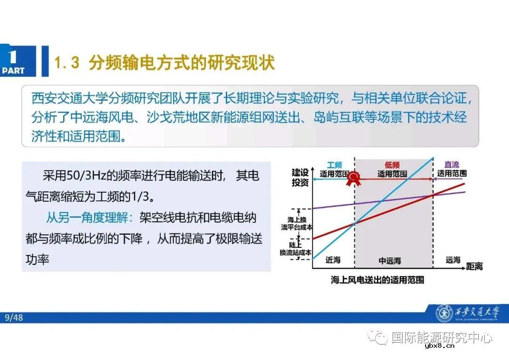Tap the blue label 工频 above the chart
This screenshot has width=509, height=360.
click(334, 165)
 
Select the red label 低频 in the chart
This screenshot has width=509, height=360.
click(392, 165)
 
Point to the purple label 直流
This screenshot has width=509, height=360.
click(452, 165)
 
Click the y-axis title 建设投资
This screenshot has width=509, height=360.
click(300, 177)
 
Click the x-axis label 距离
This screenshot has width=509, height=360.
click(474, 267)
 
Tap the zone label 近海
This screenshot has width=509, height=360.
click(333, 260)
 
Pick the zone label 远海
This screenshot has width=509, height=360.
click(453, 260)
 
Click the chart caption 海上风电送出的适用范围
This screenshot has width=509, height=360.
click(377, 280)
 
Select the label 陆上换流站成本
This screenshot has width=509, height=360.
click(296, 249)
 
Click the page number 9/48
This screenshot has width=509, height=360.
click(14, 318)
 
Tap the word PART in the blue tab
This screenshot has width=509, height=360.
click(13, 71)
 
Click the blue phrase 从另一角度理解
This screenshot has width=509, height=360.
click(87, 218)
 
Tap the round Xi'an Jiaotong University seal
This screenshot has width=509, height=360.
click(443, 313)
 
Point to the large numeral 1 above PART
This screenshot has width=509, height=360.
click(13, 57)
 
